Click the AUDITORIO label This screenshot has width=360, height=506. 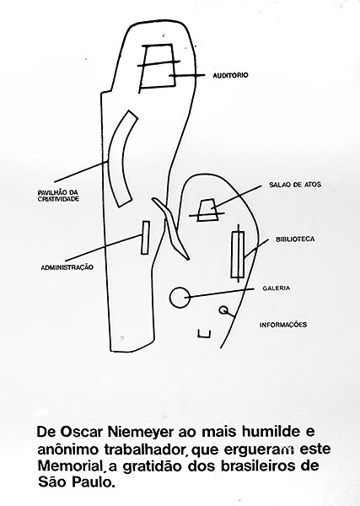(230, 75)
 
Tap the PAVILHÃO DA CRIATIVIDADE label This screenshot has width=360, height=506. (58, 196)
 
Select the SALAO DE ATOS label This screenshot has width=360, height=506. (295, 185)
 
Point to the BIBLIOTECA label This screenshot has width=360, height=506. (295, 240)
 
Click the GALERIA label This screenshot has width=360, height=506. (277, 288)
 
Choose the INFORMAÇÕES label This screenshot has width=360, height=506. (283, 325)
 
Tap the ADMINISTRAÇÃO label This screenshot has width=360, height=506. (67, 267)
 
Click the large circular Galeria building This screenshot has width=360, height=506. (180, 297)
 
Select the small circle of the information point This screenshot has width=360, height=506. (223, 310)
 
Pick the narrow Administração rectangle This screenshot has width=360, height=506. (146, 238)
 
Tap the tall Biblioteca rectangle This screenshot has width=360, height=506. (238, 255)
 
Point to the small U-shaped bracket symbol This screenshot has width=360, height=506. (204, 334)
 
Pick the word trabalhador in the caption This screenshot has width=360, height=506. (147, 449)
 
